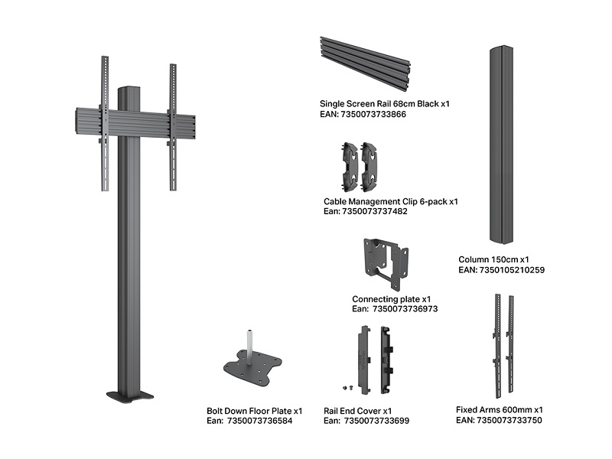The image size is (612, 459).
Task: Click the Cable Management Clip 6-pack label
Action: click(390, 201)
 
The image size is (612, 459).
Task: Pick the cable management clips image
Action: click(359, 165)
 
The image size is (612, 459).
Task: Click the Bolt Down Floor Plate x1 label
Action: click(255, 411)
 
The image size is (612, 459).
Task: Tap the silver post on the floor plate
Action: click(249, 343)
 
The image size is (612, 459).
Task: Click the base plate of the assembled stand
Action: click(129, 396)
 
